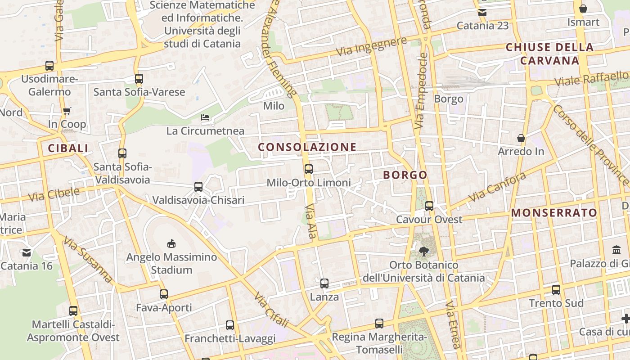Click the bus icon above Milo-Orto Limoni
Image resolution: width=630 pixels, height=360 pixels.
click(x=308, y=169)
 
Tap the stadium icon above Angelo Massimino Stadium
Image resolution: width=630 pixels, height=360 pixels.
click(x=171, y=243)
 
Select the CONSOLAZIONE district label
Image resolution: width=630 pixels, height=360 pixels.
click(x=307, y=147)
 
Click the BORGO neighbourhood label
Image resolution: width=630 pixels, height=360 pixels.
click(x=405, y=175)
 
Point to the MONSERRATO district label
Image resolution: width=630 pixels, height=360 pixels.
click(x=554, y=213)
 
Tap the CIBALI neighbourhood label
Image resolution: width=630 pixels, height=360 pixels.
click(x=68, y=148)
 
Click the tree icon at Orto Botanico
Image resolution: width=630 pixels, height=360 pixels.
click(x=423, y=252)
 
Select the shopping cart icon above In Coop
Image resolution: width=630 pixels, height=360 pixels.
click(x=67, y=111)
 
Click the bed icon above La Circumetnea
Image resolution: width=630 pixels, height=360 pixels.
click(x=205, y=118)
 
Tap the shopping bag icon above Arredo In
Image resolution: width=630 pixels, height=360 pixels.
click(x=521, y=138)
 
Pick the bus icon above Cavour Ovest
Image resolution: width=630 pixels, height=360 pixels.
click(x=429, y=206)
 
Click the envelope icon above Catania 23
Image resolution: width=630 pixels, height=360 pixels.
click(x=482, y=12)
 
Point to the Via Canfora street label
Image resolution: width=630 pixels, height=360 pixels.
click(x=497, y=187)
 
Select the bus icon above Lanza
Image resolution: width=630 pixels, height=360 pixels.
click(x=324, y=283)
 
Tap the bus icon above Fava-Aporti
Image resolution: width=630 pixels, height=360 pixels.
click(x=164, y=294)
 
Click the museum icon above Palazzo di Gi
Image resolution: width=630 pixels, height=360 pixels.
click(x=616, y=250)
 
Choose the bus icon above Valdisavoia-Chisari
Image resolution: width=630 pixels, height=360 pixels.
click(x=198, y=186)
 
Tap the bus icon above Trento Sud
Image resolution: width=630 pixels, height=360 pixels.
click(x=556, y=290)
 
